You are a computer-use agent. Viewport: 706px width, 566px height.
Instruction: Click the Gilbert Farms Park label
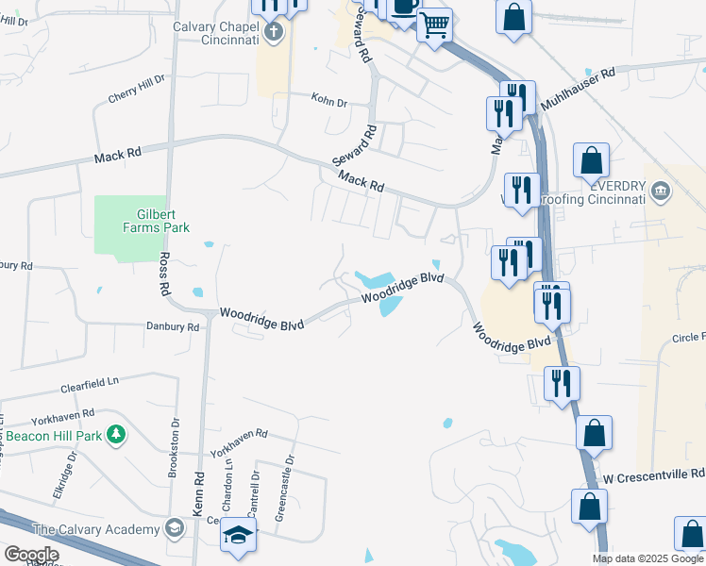(156, 221)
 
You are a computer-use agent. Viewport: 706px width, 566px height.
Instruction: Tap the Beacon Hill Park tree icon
(117, 435)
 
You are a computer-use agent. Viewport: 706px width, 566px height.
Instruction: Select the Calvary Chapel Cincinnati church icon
(274, 34)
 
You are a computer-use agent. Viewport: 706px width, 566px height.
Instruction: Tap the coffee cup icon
(404, 6)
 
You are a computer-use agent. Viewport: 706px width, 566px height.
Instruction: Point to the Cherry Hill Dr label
(137, 89)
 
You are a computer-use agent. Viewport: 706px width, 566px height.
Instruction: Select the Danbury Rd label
(172, 326)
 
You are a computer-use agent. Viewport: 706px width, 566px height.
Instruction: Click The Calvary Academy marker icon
(174, 527)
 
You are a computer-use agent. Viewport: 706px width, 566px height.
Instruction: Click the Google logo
(32, 555)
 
